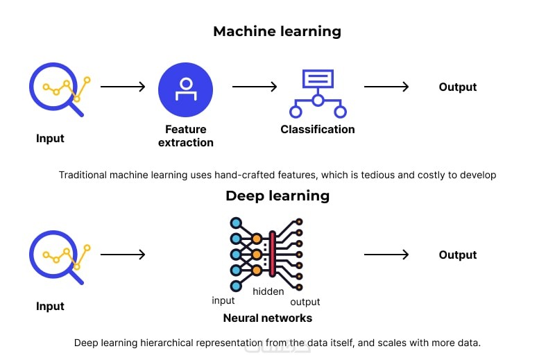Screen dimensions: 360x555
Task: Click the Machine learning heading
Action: click(x=277, y=31)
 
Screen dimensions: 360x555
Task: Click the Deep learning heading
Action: click(x=277, y=196)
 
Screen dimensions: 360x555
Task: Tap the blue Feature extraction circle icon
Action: click(x=185, y=88)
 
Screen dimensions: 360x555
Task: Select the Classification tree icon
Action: click(x=318, y=93)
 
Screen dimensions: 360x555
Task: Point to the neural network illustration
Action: click(x=266, y=254)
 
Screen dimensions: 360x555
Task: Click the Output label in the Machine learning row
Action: click(x=458, y=87)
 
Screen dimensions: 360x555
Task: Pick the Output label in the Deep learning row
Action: click(x=458, y=255)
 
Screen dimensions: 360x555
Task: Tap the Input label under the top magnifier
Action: click(x=50, y=139)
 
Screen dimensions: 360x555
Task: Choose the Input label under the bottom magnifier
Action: click(x=50, y=307)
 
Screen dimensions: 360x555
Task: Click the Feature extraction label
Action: click(x=185, y=136)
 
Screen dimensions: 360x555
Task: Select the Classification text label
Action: click(x=318, y=130)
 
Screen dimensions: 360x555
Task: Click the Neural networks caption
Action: click(x=267, y=318)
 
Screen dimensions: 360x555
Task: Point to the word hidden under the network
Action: click(x=268, y=292)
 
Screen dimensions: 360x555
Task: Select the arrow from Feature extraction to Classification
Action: click(x=255, y=87)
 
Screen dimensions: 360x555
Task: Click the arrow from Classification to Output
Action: click(x=386, y=87)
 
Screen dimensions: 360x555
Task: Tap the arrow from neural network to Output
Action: click(x=386, y=255)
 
